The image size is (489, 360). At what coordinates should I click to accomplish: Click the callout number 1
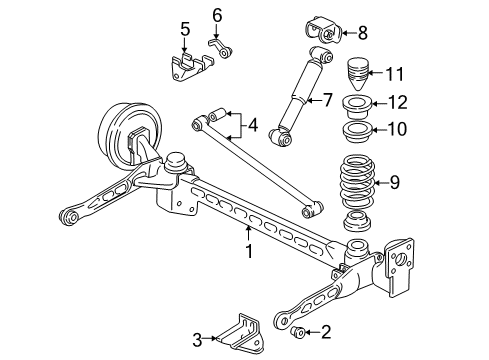249,253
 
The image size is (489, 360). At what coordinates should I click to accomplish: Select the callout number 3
198,338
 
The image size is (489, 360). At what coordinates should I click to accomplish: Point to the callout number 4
253,126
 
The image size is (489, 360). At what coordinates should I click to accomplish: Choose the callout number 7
326,99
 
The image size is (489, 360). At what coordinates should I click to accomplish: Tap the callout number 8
362,32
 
